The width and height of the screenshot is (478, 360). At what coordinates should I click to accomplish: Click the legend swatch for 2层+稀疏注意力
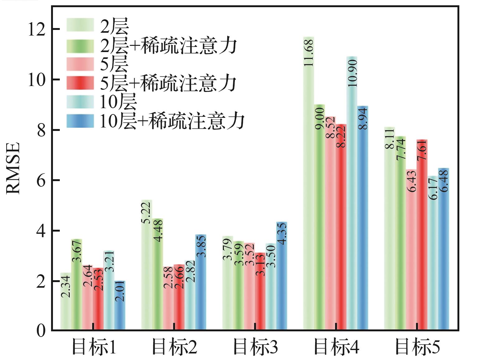80,46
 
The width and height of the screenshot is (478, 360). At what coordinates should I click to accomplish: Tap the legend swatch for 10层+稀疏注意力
80,121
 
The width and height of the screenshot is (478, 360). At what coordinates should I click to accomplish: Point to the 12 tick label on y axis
36,29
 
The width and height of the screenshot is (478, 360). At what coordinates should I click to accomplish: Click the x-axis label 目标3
255,347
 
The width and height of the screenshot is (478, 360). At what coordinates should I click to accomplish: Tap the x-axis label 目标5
417,347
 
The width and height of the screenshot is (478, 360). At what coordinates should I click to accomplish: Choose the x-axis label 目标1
93,347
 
